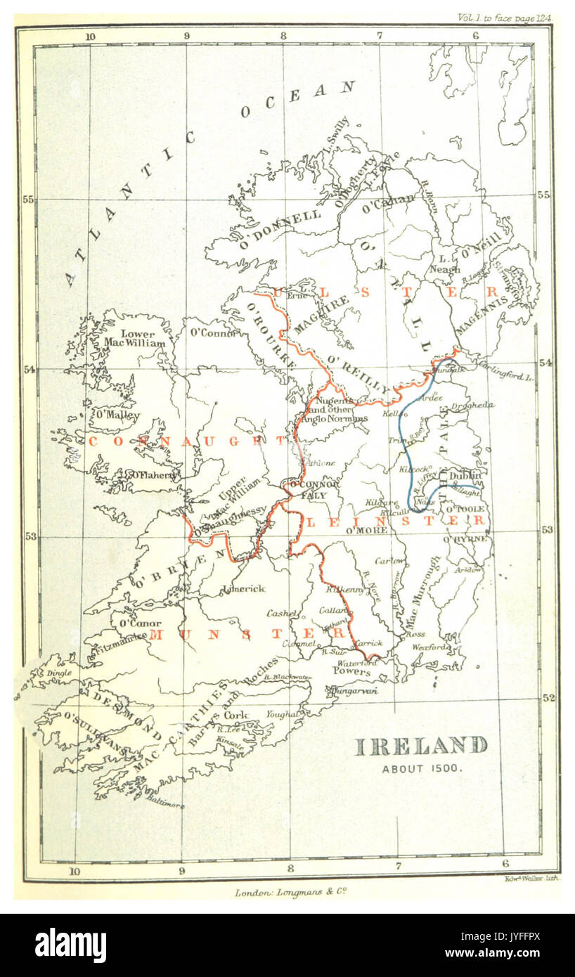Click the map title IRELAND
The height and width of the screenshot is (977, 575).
point(421,746)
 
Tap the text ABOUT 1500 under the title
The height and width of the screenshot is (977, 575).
point(422,768)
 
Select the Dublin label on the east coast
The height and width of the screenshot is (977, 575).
point(466,476)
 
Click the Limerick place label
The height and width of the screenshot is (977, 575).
point(243,588)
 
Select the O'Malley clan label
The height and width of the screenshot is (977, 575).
point(117,415)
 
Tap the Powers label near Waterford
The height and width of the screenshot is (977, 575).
point(351,672)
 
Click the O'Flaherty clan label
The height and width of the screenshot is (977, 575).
point(151,476)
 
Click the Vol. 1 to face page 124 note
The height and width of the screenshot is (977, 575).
point(504,18)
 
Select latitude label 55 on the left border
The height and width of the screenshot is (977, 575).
point(27,199)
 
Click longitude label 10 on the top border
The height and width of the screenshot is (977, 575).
point(89,36)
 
